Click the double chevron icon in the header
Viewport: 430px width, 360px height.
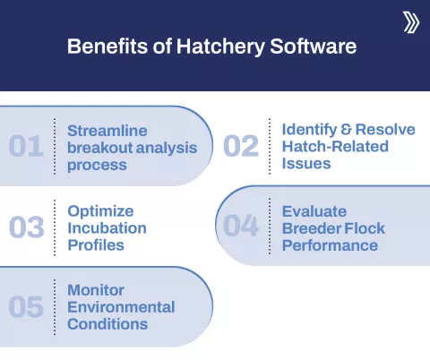(411, 22)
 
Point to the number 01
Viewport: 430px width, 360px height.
(26, 146)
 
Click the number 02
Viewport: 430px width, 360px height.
(240, 146)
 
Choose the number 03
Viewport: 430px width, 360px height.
(26, 227)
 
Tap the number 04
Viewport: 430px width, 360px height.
(240, 227)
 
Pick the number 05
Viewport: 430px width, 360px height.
(26, 307)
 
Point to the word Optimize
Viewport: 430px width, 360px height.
(101, 211)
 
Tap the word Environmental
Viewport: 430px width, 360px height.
(121, 307)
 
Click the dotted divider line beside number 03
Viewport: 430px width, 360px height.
(55, 227)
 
